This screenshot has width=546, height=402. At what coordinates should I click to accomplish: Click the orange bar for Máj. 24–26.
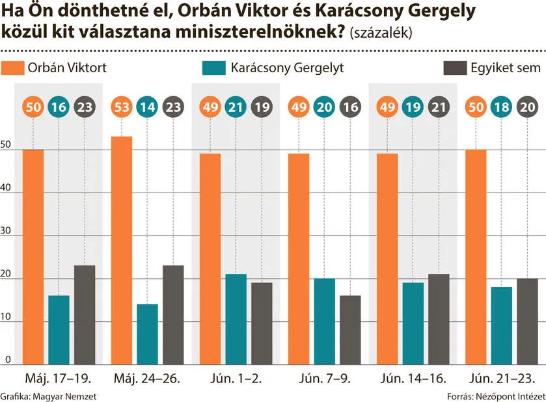coord(122,250)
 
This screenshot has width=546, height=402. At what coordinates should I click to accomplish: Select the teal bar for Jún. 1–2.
coord(236,319)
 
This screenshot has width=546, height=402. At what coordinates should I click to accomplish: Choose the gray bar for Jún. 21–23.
coord(527,321)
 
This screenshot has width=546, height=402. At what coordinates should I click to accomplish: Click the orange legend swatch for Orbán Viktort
coord(12,68)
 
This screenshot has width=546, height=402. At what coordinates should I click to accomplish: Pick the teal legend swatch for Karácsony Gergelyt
coord(214,68)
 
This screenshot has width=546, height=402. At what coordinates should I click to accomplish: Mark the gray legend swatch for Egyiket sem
coord(454,68)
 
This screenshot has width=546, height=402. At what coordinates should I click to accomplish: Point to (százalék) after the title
coord(381,33)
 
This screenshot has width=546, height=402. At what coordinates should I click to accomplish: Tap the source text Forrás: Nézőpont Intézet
coord(495,395)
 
